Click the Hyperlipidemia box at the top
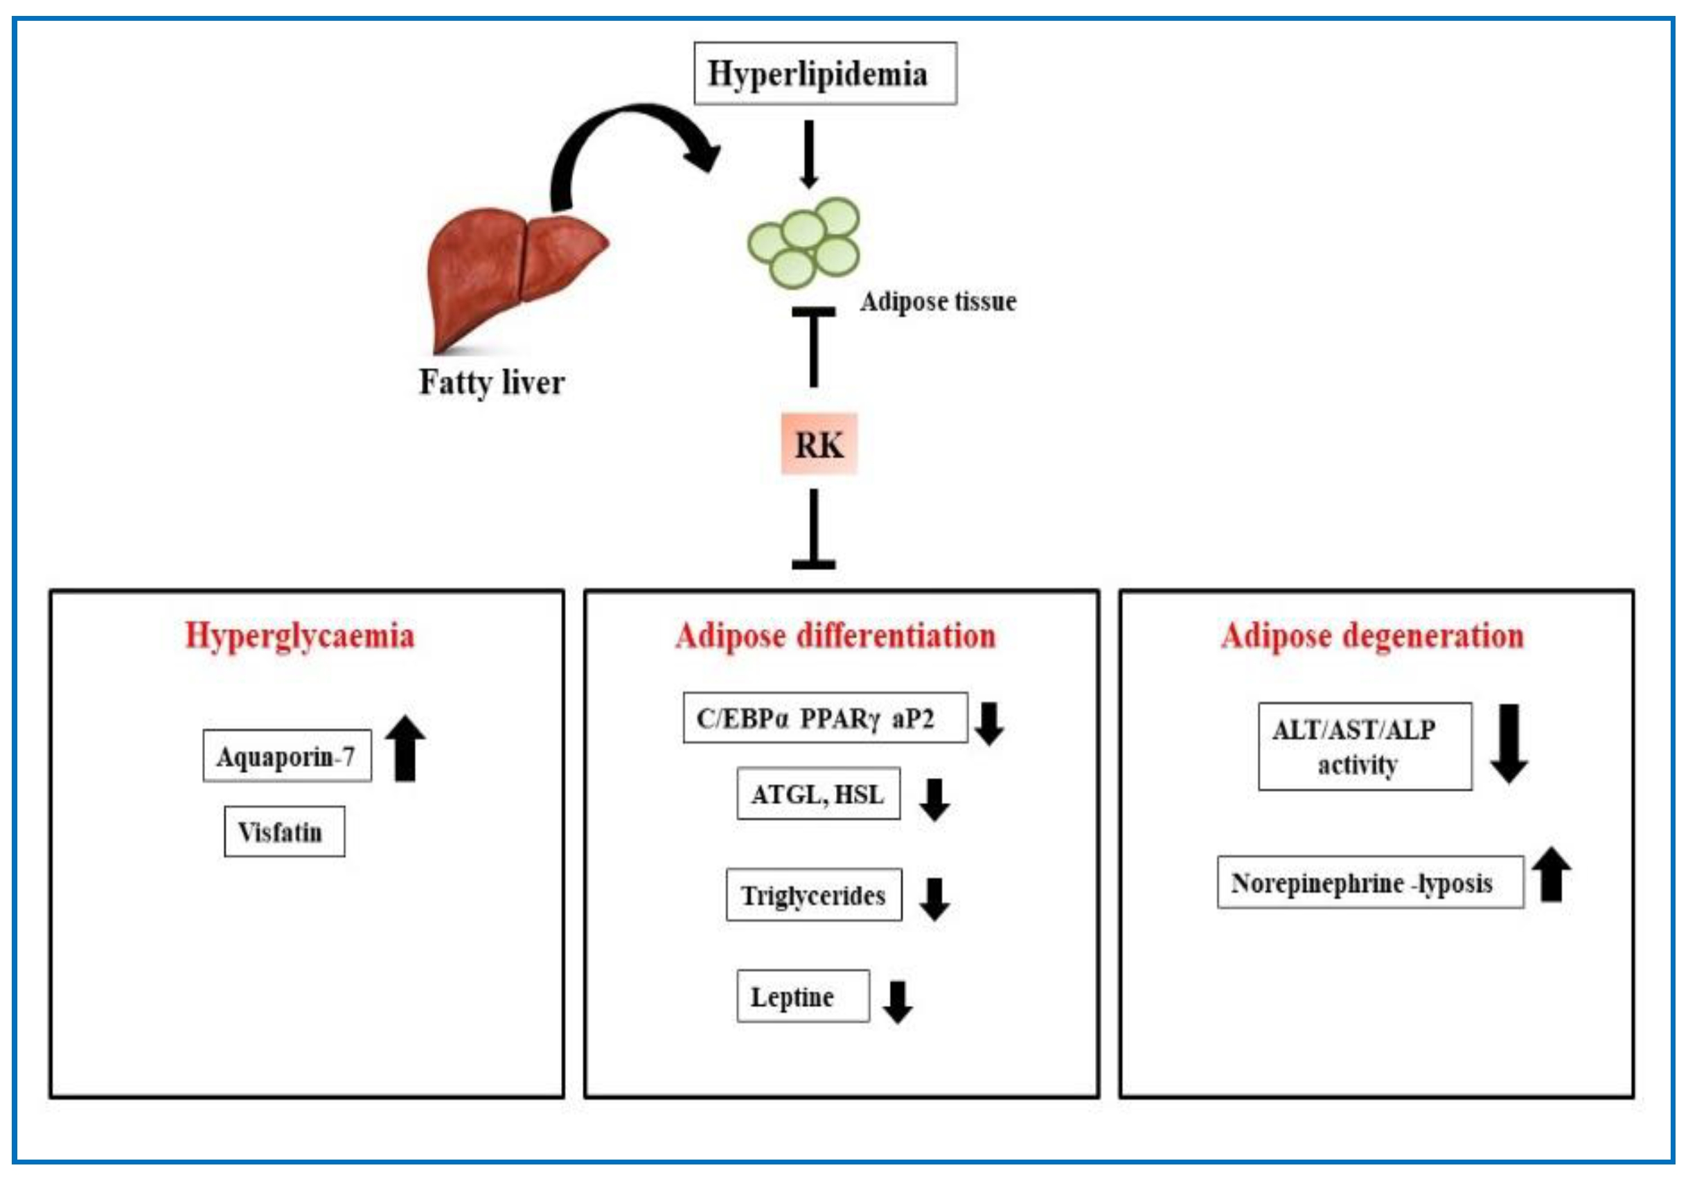(825, 73)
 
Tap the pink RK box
(819, 445)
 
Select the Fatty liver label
(492, 382)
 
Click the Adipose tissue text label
(938, 301)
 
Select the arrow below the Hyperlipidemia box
(810, 154)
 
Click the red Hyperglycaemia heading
(299, 636)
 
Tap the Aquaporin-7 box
(287, 756)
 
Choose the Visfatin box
(284, 832)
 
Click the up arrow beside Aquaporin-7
(405, 748)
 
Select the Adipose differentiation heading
(835, 636)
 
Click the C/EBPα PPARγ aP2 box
(824, 718)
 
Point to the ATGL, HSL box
(818, 794)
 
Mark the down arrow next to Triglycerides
(934, 899)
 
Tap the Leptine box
(803, 997)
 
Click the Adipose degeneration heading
(1372, 636)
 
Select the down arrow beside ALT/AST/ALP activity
(1509, 744)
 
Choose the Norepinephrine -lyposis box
(1369, 882)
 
